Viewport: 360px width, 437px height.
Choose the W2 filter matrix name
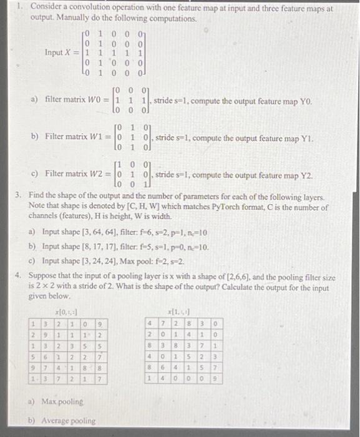94,175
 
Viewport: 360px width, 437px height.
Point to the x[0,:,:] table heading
65,311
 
